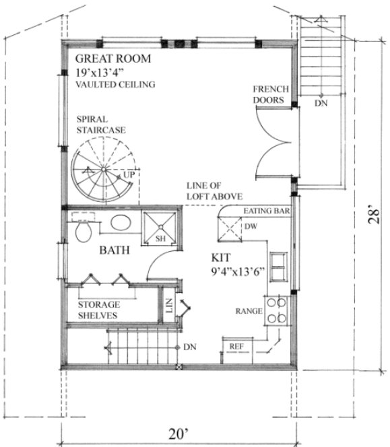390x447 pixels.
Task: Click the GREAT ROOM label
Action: (114, 59)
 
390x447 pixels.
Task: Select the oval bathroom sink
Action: (121, 223)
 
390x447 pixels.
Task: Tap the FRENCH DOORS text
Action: (271, 95)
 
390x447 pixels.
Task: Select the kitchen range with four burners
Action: (275, 311)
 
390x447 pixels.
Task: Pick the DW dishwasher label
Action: (250, 227)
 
